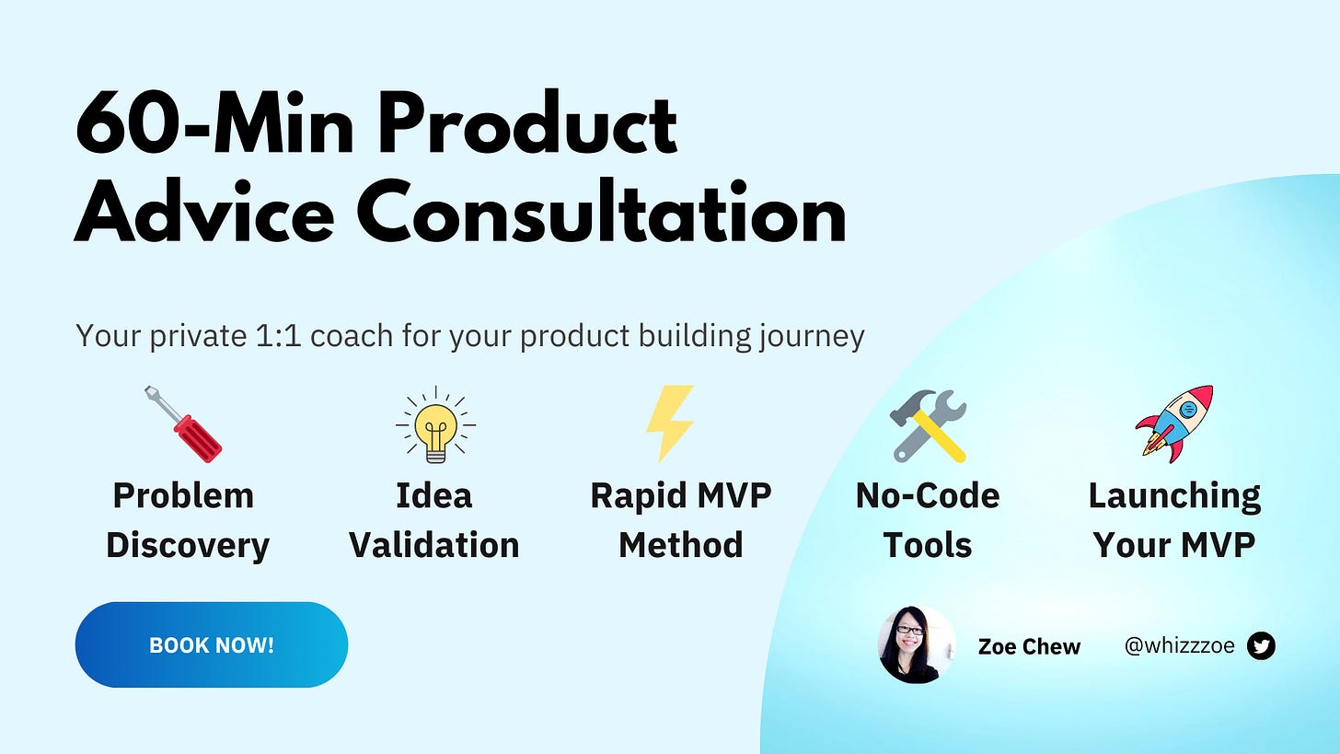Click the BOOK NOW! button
pyautogui.click(x=211, y=644)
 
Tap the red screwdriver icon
pyautogui.click(x=184, y=424)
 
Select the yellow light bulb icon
pyautogui.click(x=435, y=425)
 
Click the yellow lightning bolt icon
pyautogui.click(x=671, y=423)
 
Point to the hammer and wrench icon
pyautogui.click(x=928, y=425)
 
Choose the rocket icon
pyautogui.click(x=1174, y=424)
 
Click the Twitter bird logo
pyautogui.click(x=1261, y=645)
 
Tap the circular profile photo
pyautogui.click(x=917, y=644)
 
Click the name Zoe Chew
pyautogui.click(x=1029, y=646)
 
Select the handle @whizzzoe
pyautogui.click(x=1179, y=645)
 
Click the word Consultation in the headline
pyautogui.click(x=602, y=211)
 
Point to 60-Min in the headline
pyautogui.click(x=214, y=123)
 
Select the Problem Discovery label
pyautogui.click(x=187, y=521)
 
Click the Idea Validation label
pyautogui.click(x=434, y=521)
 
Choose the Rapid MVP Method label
pyautogui.click(x=681, y=521)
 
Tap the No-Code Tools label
pyautogui.click(x=928, y=521)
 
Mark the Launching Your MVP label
pyautogui.click(x=1174, y=521)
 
